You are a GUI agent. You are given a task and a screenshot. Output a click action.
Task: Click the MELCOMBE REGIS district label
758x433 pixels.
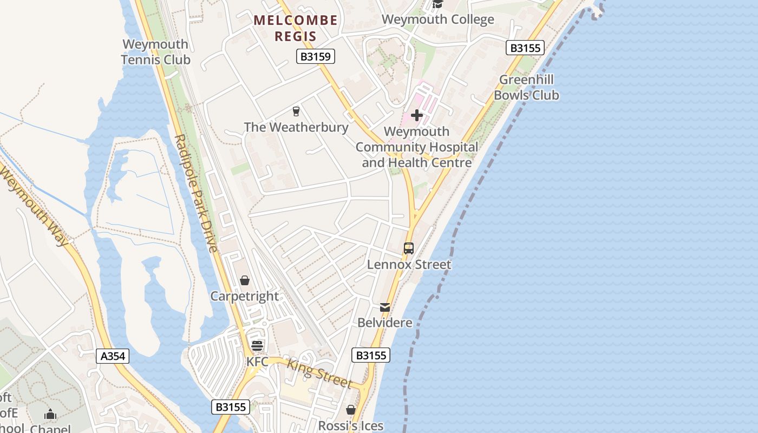(296, 28)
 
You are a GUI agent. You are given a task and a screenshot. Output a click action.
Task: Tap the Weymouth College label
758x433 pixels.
(437, 19)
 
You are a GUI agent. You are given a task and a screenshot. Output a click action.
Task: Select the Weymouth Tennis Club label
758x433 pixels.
(155, 52)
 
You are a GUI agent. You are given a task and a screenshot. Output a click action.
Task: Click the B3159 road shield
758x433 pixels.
(316, 56)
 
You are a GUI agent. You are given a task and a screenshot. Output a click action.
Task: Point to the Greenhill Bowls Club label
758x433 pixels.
(526, 88)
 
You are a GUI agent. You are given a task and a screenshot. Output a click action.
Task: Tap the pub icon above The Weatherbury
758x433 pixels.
(296, 111)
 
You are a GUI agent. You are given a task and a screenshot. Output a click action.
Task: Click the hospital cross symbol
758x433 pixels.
(417, 115)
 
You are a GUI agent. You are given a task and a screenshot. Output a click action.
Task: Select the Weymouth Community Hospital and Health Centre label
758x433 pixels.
(417, 147)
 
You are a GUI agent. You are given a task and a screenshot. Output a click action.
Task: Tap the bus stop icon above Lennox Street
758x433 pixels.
(409, 248)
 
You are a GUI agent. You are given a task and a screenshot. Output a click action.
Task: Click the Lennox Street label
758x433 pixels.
(409, 265)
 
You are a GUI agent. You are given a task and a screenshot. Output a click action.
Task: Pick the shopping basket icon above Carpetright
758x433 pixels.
(245, 280)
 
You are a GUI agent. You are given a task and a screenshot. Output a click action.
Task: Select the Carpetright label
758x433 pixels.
(245, 297)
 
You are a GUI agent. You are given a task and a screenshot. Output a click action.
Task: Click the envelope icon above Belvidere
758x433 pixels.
(385, 307)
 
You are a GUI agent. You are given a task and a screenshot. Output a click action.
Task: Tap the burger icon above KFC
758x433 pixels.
(257, 345)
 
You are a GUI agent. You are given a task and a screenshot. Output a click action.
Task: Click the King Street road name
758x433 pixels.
(319, 373)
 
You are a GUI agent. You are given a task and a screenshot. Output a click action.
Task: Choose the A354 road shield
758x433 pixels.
(113, 356)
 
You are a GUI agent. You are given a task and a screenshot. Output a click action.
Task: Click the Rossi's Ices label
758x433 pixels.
(351, 426)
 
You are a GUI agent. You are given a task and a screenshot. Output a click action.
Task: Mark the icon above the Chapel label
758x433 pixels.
(50, 415)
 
